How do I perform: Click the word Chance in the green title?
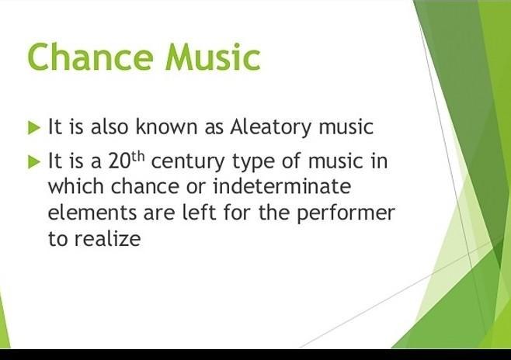point(90,57)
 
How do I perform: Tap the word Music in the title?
point(213,57)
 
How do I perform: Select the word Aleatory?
point(270,127)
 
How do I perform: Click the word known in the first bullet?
point(166,126)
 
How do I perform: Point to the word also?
point(109,126)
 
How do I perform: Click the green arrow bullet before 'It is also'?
point(34,127)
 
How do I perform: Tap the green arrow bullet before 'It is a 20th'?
point(34,162)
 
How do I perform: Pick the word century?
point(188,162)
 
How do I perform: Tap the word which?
point(75,186)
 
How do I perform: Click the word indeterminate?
point(282,186)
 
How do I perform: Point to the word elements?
point(92,213)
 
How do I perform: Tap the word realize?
point(107,238)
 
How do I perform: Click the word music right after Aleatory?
point(346,126)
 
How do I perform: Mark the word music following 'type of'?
point(335,161)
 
